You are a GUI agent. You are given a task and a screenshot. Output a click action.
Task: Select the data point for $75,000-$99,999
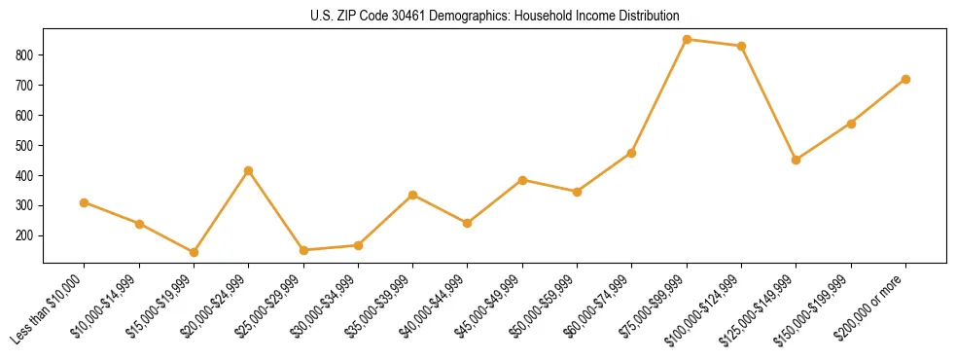tap(687, 40)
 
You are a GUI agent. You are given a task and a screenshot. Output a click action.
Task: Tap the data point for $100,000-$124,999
tap(742, 46)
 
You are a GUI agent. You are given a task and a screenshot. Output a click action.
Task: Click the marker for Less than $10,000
tap(85, 202)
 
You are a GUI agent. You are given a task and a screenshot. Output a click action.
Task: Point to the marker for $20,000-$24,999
tap(249, 170)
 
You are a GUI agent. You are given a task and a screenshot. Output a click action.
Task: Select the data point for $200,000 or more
tap(905, 79)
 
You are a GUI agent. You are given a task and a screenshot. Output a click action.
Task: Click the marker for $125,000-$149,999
tap(797, 160)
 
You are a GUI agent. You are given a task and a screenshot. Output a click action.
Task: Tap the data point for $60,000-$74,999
tap(632, 153)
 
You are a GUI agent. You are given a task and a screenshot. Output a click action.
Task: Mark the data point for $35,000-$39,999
tap(413, 195)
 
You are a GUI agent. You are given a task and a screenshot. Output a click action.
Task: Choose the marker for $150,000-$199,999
tap(851, 124)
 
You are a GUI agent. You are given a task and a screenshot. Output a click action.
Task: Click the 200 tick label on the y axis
tap(26, 235)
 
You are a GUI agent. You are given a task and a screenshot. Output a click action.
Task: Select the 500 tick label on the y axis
tap(26, 146)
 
